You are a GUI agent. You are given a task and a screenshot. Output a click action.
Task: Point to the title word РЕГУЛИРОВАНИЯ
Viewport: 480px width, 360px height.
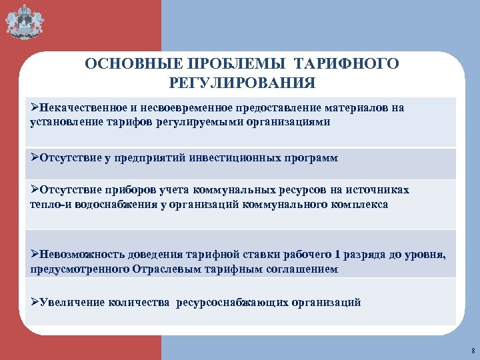[x=242, y=83]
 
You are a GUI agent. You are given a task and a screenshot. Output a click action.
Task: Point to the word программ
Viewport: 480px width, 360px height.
[x=313, y=158]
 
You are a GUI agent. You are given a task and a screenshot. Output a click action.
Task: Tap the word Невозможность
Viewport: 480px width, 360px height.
[x=81, y=255]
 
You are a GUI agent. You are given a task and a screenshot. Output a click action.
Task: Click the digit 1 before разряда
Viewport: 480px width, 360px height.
[x=338, y=255]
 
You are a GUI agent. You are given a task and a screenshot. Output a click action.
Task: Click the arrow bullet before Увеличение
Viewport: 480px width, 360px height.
[x=35, y=302]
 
